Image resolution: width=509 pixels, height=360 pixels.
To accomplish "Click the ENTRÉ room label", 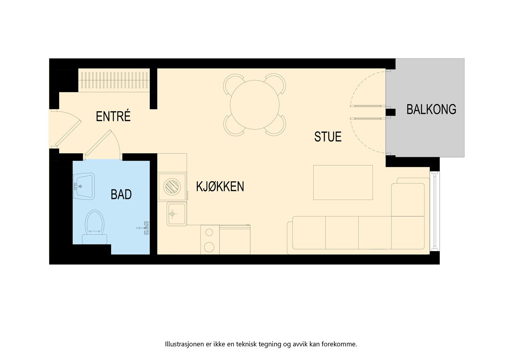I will (113, 116).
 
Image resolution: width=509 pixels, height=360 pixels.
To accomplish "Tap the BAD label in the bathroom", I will (121, 194).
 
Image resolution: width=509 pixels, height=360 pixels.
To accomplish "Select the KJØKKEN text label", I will (220, 187).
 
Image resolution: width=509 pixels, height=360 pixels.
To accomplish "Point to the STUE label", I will (328, 137).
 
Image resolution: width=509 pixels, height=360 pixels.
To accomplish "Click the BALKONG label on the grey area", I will (431, 109).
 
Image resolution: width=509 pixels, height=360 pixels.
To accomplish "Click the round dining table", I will (254, 105).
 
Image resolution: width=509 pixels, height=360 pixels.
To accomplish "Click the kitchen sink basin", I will (177, 214).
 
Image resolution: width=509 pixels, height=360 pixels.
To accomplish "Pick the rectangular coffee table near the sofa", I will (343, 182).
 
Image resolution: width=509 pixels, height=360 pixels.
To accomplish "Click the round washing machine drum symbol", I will (172, 187).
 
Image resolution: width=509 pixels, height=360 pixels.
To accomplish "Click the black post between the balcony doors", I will (390, 112).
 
